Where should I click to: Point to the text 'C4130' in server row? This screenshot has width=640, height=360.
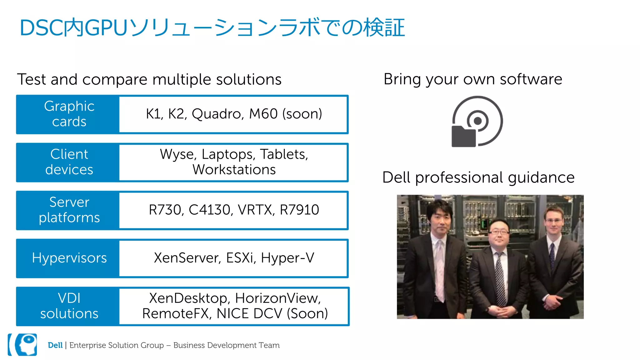pos(211,210)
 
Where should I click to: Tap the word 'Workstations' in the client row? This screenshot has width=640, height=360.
pos(234,170)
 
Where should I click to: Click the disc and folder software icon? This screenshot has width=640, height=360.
pos(477,122)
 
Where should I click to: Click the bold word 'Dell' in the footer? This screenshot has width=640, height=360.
pos(55,345)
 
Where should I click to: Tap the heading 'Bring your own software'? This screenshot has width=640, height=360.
pos(472,79)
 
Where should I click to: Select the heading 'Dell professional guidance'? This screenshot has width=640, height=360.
pos(478,177)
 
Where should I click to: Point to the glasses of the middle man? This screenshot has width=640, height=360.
pos(499,232)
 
